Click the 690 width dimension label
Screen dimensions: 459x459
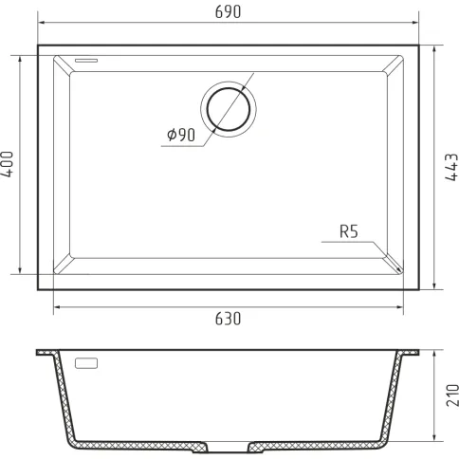[x=228, y=11]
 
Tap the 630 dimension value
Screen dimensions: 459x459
[x=228, y=319]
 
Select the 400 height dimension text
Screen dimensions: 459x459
[x=7, y=164]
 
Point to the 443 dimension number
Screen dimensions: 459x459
[x=451, y=167]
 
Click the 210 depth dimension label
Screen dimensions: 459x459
[x=452, y=395]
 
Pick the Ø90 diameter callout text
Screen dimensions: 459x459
[x=181, y=135]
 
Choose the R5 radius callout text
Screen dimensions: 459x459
[x=349, y=231]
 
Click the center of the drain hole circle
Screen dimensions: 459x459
[x=229, y=109]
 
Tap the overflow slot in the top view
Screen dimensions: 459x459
[x=86, y=60]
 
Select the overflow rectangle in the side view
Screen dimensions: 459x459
[x=86, y=363]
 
